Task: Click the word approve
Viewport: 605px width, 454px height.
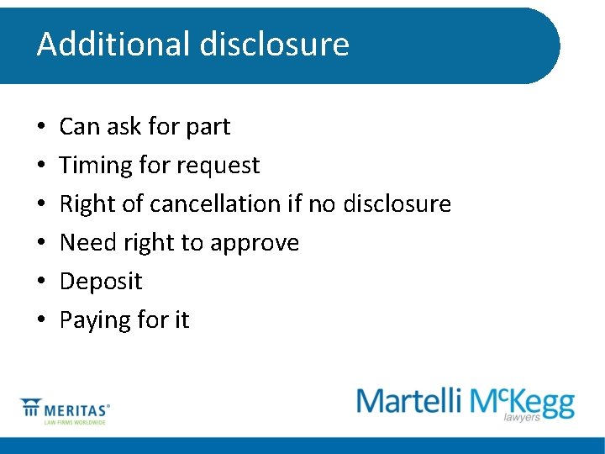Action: [255, 243]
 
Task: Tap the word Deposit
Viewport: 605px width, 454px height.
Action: [101, 282]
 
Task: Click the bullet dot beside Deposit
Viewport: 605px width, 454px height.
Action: [41, 282]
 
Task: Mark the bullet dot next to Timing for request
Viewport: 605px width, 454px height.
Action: [41, 166]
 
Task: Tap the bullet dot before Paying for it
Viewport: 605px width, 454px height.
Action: [41, 320]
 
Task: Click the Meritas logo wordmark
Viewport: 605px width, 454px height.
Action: [78, 409]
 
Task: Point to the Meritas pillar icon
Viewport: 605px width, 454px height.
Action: [31, 409]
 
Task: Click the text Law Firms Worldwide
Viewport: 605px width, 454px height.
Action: [75, 422]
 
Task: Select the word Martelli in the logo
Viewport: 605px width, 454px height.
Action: [409, 401]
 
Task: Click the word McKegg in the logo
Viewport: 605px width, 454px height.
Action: [522, 401]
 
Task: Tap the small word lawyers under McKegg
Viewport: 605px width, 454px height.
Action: [521, 417]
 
